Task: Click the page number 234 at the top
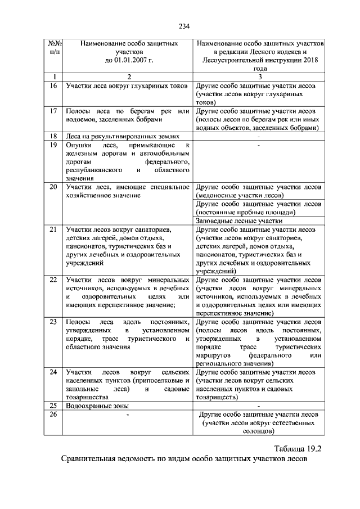pos(184,25)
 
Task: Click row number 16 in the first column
pos(53,86)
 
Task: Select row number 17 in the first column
pos(53,111)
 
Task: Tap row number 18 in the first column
pos(53,136)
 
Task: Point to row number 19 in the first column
pos(53,145)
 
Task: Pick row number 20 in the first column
pos(53,187)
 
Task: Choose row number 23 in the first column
pos(53,322)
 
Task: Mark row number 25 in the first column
pos(53,406)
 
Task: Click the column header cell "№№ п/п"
pos(54,47)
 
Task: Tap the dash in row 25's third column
pos(258,406)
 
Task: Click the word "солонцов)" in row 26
pos(258,431)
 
